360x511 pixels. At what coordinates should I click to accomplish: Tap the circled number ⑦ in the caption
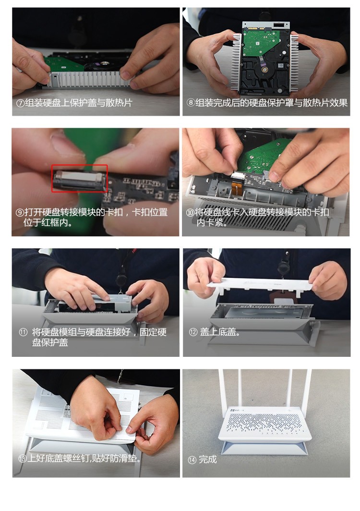[21, 103]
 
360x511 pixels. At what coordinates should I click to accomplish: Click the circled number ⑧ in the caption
[191, 103]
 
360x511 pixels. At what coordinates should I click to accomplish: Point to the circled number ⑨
[20, 212]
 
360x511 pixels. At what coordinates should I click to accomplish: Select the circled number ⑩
[190, 212]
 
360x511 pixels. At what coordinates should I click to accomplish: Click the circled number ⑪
[23, 332]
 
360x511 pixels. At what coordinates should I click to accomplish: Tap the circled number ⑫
[193, 332]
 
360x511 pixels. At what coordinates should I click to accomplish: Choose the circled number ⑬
[23, 459]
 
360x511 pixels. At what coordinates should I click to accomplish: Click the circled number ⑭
[192, 460]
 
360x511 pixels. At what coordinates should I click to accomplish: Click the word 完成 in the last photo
[208, 460]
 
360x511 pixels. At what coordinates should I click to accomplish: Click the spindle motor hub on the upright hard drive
[264, 70]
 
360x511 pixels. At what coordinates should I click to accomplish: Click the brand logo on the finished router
[237, 410]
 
